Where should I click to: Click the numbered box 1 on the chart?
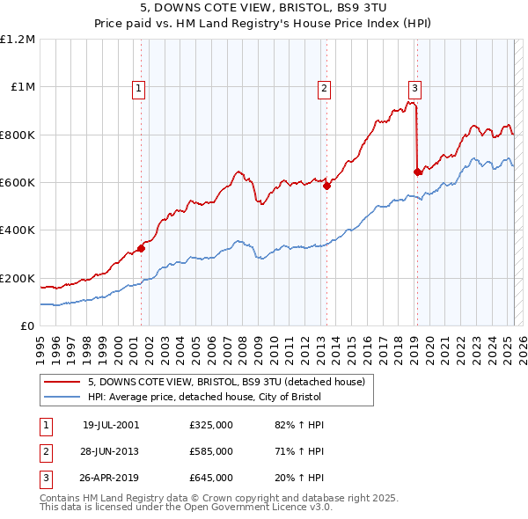pyautogui.click(x=140, y=87)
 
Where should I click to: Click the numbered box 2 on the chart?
pyautogui.click(x=325, y=87)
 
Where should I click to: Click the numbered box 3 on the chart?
pyautogui.click(x=414, y=87)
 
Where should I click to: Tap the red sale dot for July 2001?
pyautogui.click(x=141, y=248)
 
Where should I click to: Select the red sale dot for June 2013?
pyautogui.click(x=326, y=186)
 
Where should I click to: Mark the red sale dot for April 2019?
pyautogui.click(x=417, y=172)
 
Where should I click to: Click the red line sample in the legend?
pyautogui.click(x=62, y=382)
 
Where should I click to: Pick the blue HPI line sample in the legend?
pyautogui.click(x=62, y=397)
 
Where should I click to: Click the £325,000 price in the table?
pyautogui.click(x=211, y=425)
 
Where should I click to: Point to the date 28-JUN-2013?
pyautogui.click(x=111, y=451)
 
